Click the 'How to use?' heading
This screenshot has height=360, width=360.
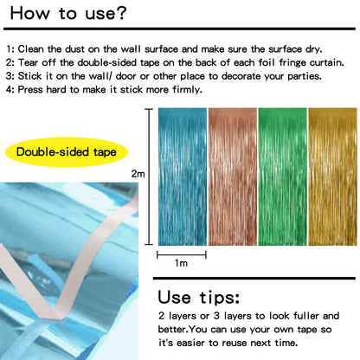tap(68, 15)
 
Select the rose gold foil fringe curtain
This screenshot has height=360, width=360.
tap(232, 174)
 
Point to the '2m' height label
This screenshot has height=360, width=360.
tap(138, 174)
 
